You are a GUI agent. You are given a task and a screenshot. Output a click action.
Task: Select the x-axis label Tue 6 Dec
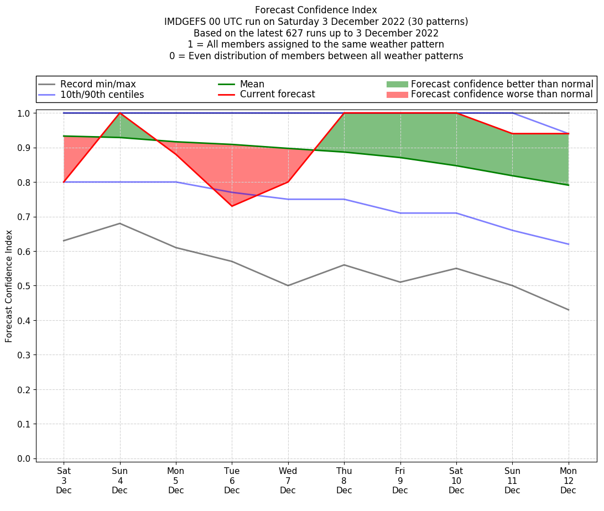tap(232, 481)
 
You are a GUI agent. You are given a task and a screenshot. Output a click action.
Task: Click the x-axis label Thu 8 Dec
tap(344, 481)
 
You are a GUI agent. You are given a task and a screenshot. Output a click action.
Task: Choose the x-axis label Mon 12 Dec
tap(568, 481)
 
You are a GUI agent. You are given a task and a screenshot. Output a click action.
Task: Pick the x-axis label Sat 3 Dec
tap(64, 481)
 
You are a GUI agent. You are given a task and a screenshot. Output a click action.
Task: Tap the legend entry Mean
tap(252, 84)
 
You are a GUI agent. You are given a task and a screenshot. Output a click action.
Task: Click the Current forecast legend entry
tap(277, 95)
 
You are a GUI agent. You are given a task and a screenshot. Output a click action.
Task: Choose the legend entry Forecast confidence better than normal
tap(502, 84)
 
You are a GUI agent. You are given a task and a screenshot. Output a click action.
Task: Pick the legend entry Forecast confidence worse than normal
tap(502, 95)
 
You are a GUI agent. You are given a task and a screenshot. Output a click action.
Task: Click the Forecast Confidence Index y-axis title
tap(9, 286)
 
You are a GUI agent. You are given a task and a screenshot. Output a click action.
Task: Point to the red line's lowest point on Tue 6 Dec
tap(232, 206)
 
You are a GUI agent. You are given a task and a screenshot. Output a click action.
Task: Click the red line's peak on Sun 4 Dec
tap(120, 113)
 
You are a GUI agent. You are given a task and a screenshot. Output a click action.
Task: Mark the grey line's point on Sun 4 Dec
tap(120, 223)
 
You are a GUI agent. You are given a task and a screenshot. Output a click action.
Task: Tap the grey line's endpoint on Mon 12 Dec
tap(568, 310)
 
